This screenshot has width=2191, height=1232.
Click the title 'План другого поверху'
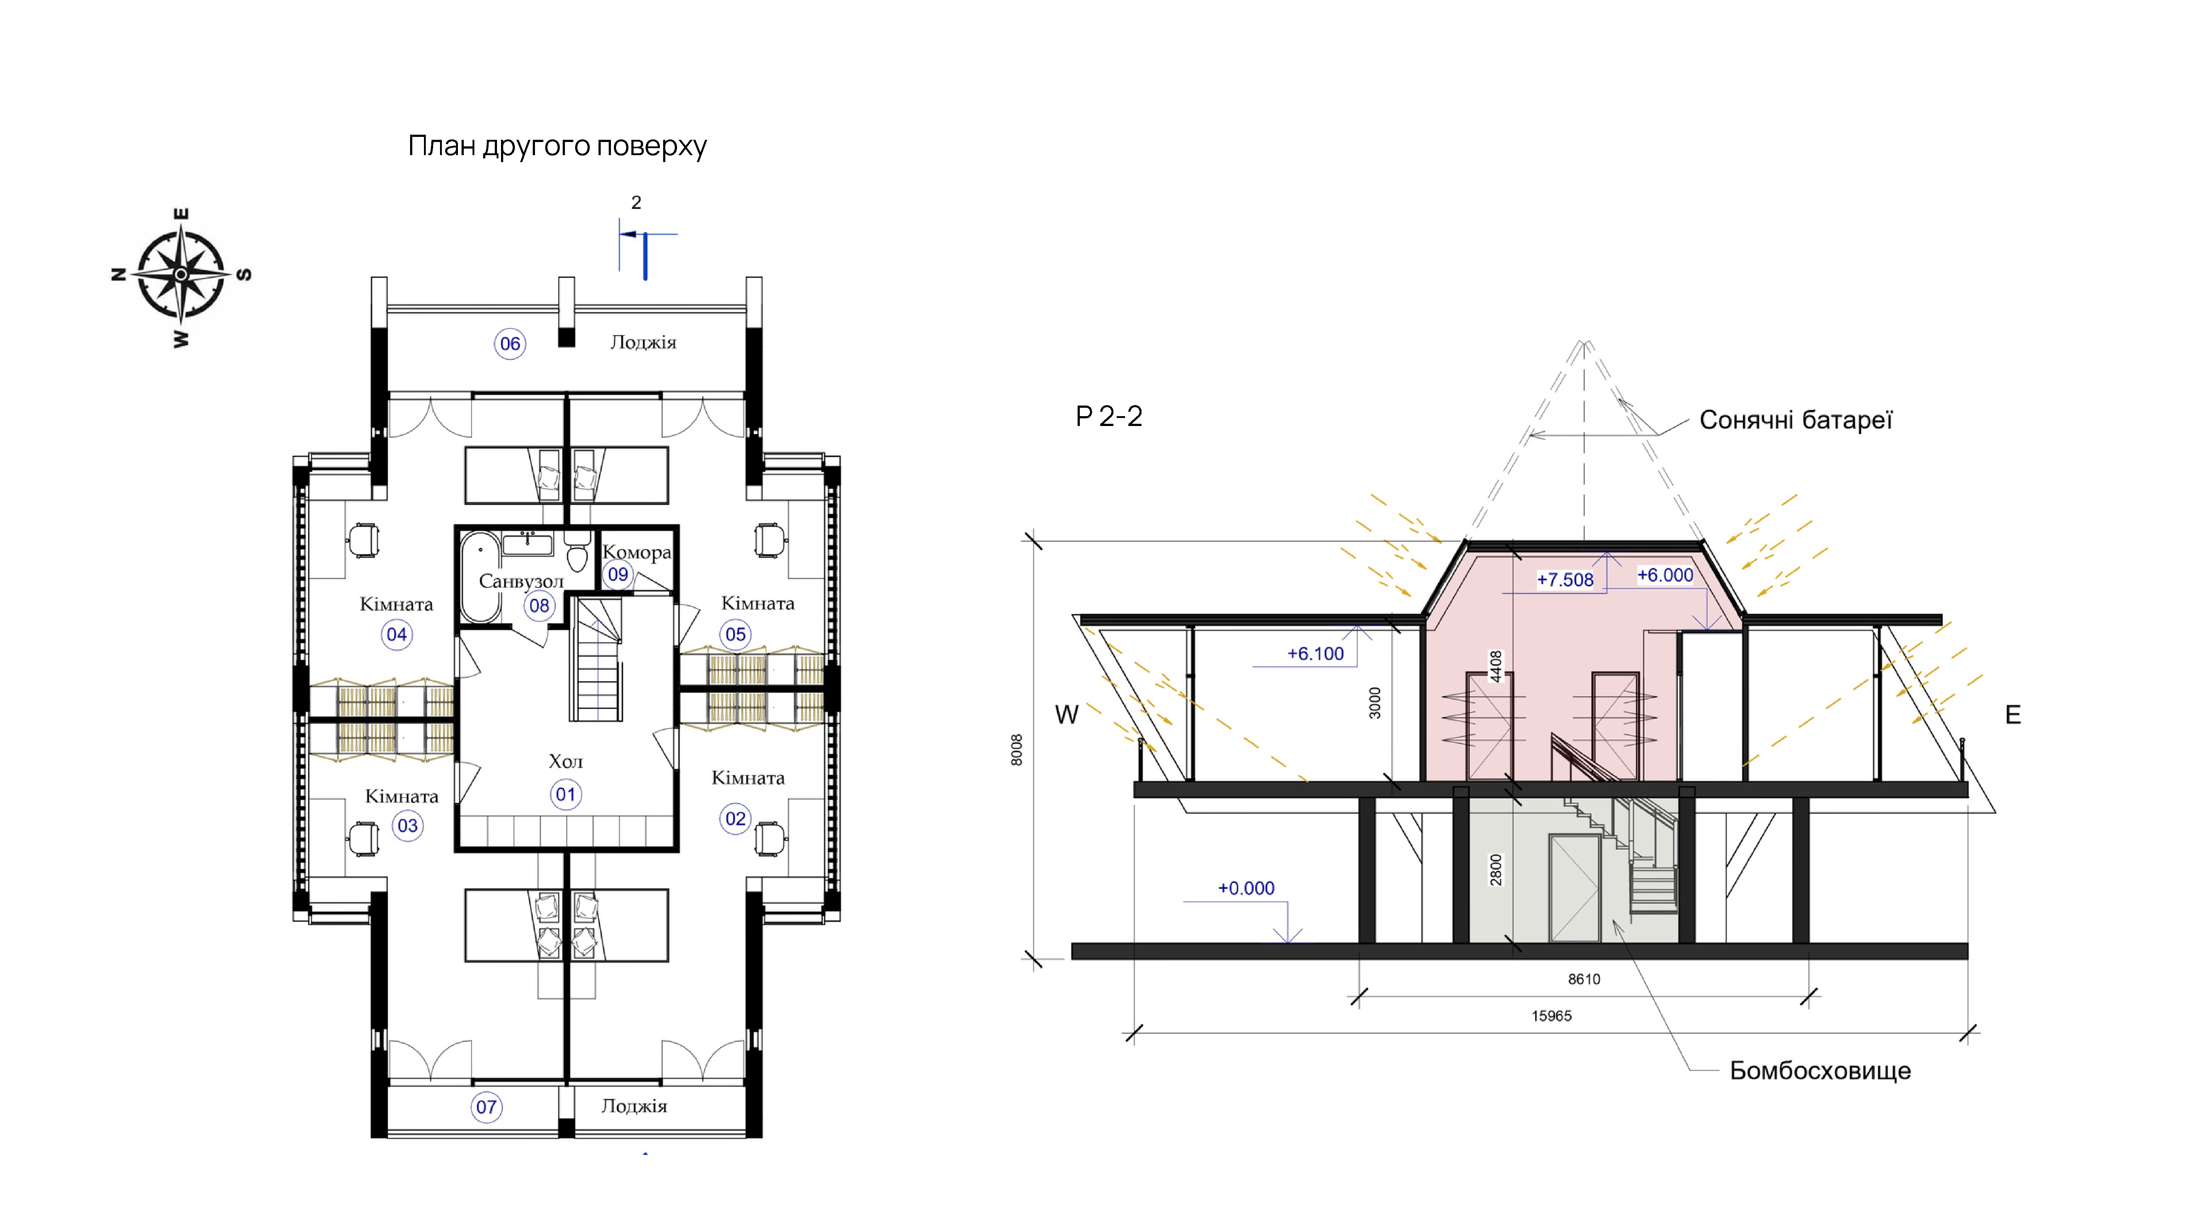click(x=557, y=146)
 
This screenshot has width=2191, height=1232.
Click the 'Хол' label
click(x=566, y=761)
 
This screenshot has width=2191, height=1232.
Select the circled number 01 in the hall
click(x=566, y=794)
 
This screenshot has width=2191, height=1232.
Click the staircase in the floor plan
click(x=596, y=659)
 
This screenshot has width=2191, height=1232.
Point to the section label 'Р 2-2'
click(x=1109, y=417)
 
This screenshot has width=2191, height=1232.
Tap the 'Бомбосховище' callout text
click(x=1820, y=1070)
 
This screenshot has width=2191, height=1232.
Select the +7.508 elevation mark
click(x=1565, y=580)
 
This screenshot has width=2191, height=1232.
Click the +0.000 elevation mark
click(x=1246, y=889)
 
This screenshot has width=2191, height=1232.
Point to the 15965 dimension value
click(x=1551, y=1016)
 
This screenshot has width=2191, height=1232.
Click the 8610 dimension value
click(x=1584, y=979)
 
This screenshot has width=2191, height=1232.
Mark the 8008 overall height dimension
click(x=1016, y=750)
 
